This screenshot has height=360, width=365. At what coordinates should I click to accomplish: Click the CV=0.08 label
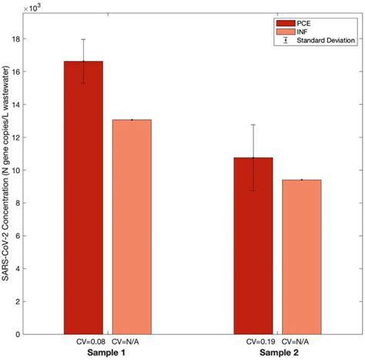coord(83,340)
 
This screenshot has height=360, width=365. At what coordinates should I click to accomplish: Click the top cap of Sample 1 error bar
coord(83,39)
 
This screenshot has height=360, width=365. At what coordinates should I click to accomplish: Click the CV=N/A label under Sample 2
coord(296,340)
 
